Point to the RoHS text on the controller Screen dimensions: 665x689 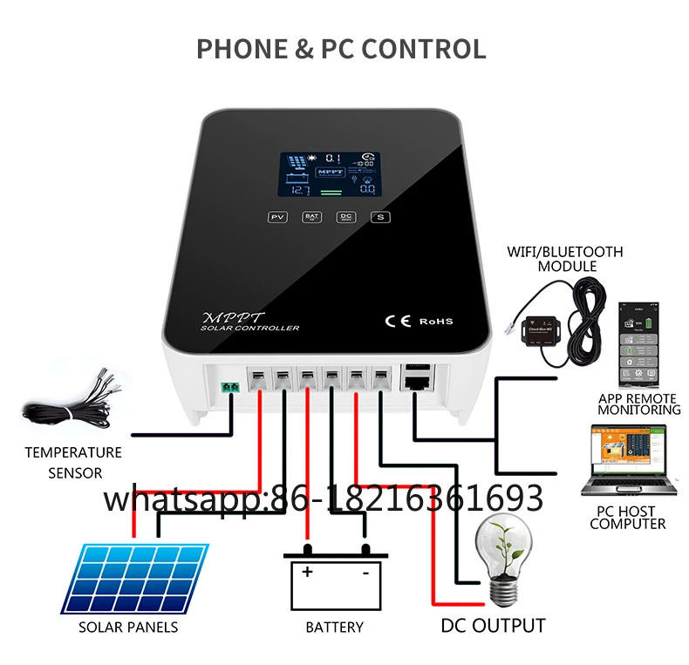pyautogui.click(x=436, y=321)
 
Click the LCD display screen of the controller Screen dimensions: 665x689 pyautogui.click(x=329, y=174)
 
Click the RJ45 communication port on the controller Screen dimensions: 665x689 pyautogui.click(x=417, y=380)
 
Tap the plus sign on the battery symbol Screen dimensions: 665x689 pyautogui.click(x=307, y=572)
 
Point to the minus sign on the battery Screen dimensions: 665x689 pyautogui.click(x=365, y=572)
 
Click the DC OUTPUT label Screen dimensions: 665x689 pyautogui.click(x=493, y=625)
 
